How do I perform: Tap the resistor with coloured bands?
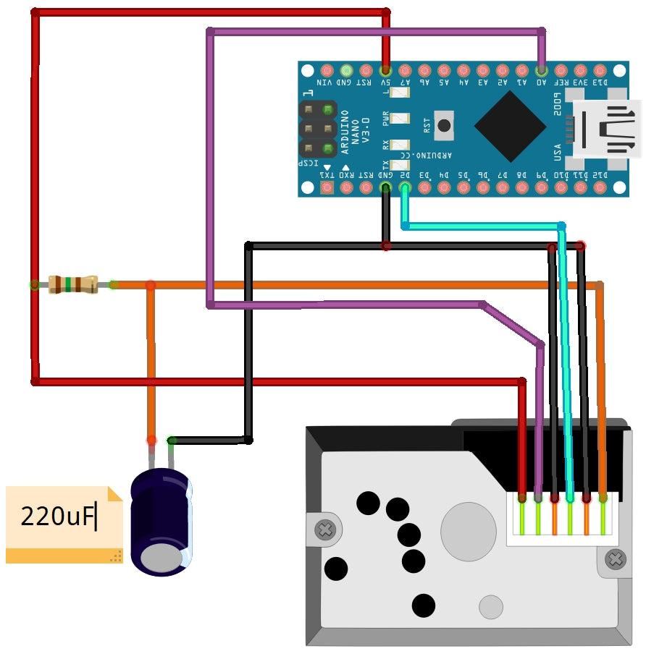73,284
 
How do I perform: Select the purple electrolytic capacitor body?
160,521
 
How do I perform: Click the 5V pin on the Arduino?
385,70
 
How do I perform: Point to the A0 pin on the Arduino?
541,70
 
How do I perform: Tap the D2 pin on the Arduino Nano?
405,188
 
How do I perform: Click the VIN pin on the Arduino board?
327,70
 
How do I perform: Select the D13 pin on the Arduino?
600,70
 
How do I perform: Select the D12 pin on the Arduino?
600,188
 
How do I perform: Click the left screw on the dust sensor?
325,530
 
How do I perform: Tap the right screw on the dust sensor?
616,558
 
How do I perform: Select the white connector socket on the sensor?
563,519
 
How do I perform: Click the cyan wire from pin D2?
482,226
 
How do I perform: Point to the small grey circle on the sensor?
491,607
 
